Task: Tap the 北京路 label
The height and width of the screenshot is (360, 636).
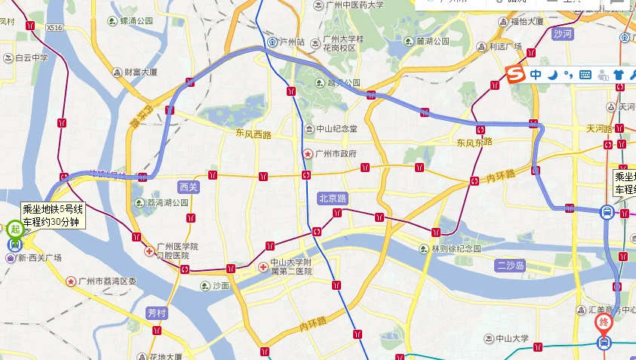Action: (x=333, y=198)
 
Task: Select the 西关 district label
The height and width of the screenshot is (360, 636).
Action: (x=188, y=186)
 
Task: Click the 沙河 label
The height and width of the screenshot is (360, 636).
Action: (x=562, y=34)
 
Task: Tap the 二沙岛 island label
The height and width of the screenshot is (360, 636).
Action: (x=510, y=265)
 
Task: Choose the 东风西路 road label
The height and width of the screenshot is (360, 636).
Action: (x=252, y=134)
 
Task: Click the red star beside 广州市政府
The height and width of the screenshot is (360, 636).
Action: (x=307, y=153)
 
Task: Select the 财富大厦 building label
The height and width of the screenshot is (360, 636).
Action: (x=140, y=72)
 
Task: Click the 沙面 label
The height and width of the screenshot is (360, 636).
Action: (x=220, y=286)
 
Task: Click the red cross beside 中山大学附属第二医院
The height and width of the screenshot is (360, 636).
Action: (x=263, y=266)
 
